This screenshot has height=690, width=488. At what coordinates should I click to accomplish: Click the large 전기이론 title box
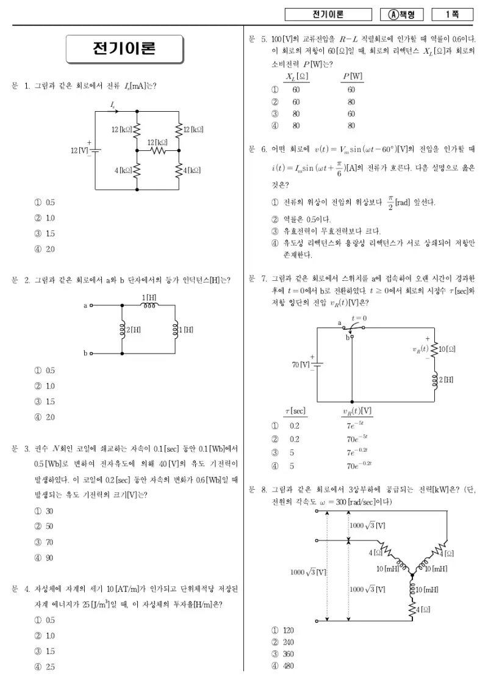pos(124,49)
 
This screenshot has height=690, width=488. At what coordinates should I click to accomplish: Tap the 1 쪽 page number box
pos(453,15)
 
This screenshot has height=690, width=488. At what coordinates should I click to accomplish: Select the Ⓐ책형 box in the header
pos(401,15)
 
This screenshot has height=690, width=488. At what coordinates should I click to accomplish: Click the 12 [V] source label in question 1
pos(79,150)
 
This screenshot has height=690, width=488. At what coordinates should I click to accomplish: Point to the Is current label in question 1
pos(113,105)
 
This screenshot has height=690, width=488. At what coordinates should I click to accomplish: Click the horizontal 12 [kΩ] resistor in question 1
pos(158,150)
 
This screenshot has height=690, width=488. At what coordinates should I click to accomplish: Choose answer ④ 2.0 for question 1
pos(45,249)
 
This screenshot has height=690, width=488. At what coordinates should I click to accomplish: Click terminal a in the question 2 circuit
pos(91,305)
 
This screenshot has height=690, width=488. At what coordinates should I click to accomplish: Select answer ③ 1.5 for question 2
pos(45,401)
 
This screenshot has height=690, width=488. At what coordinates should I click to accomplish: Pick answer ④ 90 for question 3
pos(44,557)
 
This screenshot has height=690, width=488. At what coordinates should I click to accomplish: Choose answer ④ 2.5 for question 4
pos(45,667)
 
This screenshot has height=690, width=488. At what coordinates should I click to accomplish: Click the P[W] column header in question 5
pos(353,76)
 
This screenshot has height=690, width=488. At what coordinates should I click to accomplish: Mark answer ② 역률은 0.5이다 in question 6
pos(301,219)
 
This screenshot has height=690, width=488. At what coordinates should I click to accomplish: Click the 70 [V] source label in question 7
pos(301,365)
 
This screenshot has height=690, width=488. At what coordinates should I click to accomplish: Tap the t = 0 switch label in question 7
pos(359,318)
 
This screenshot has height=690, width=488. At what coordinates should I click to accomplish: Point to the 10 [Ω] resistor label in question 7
pos(447,349)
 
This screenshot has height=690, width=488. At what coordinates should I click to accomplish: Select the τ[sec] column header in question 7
pos(295,411)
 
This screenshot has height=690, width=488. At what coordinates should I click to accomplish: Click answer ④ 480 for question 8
pos(282,666)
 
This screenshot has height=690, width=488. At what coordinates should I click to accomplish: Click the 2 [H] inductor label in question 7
pos(446,379)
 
